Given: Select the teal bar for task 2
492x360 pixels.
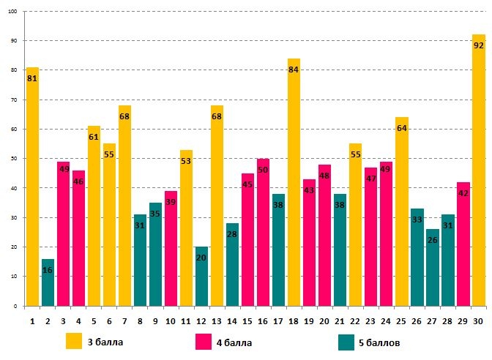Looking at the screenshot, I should (48, 282).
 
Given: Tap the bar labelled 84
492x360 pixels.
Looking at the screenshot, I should (294, 183).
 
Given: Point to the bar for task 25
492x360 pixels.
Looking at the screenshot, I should (401, 212).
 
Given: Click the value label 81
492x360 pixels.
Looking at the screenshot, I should (32, 78).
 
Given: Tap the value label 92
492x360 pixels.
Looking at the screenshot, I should (478, 45).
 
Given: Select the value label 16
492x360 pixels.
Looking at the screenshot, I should (48, 270).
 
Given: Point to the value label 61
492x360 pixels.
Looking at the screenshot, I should (94, 137).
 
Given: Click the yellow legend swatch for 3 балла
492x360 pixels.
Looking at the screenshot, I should (74, 341).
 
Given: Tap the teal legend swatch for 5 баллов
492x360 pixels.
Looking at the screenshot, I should (347, 341).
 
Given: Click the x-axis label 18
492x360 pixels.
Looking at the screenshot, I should (294, 320).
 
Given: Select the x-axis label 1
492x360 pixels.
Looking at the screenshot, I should (32, 320).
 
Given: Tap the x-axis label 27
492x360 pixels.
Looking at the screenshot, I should (432, 320).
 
